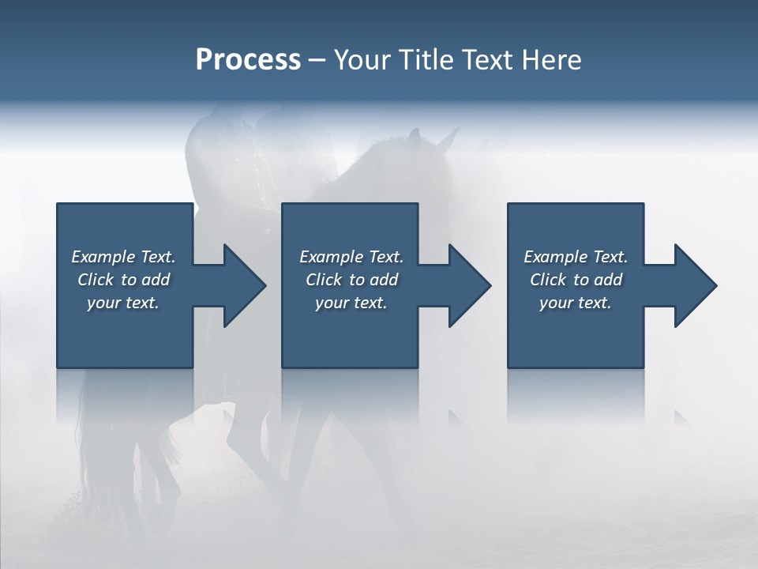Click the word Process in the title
point(248,60)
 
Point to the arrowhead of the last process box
point(694,285)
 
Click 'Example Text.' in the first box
point(123,257)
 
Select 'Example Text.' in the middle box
point(351,257)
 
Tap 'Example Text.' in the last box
point(576,257)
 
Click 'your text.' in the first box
point(123,303)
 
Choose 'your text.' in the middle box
point(351,303)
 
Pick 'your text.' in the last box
point(576,303)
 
